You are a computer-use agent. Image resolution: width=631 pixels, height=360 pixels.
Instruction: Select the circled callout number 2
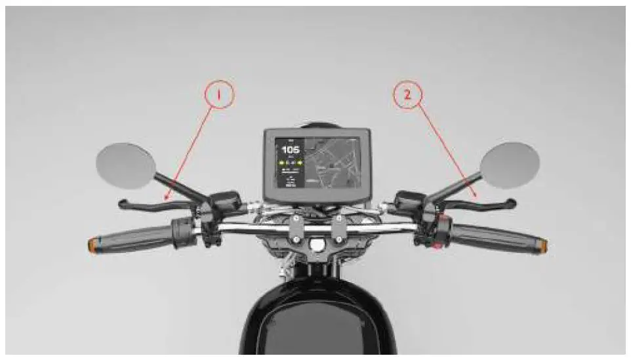point(407,95)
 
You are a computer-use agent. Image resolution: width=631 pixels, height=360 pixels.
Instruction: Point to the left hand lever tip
point(123,204)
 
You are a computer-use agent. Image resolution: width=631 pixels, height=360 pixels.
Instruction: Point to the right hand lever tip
point(512,203)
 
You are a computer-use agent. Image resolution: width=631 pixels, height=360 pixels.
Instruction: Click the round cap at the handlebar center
point(317,245)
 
